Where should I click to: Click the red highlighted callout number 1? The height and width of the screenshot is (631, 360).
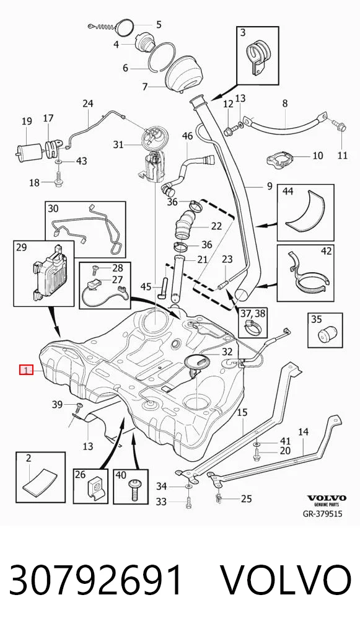pos(27,370)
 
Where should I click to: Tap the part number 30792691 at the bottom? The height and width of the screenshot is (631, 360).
pos(96,581)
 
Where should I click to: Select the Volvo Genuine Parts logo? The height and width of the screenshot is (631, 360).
pos(326,500)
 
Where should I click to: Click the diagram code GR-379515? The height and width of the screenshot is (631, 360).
pos(322,514)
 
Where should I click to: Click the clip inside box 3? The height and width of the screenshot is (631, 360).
pos(257,58)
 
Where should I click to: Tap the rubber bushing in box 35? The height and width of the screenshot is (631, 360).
pos(325,335)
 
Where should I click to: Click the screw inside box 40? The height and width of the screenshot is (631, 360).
pos(133,488)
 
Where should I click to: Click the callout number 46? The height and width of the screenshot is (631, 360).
pos(188,136)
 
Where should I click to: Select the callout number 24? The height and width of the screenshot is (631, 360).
pos(88,104)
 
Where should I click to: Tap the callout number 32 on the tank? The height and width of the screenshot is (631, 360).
pos(227,351)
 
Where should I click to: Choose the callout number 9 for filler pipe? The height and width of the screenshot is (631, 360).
pos(269,186)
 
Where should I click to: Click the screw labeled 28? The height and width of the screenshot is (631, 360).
pos(96,267)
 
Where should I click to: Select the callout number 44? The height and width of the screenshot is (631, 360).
pos(288,192)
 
